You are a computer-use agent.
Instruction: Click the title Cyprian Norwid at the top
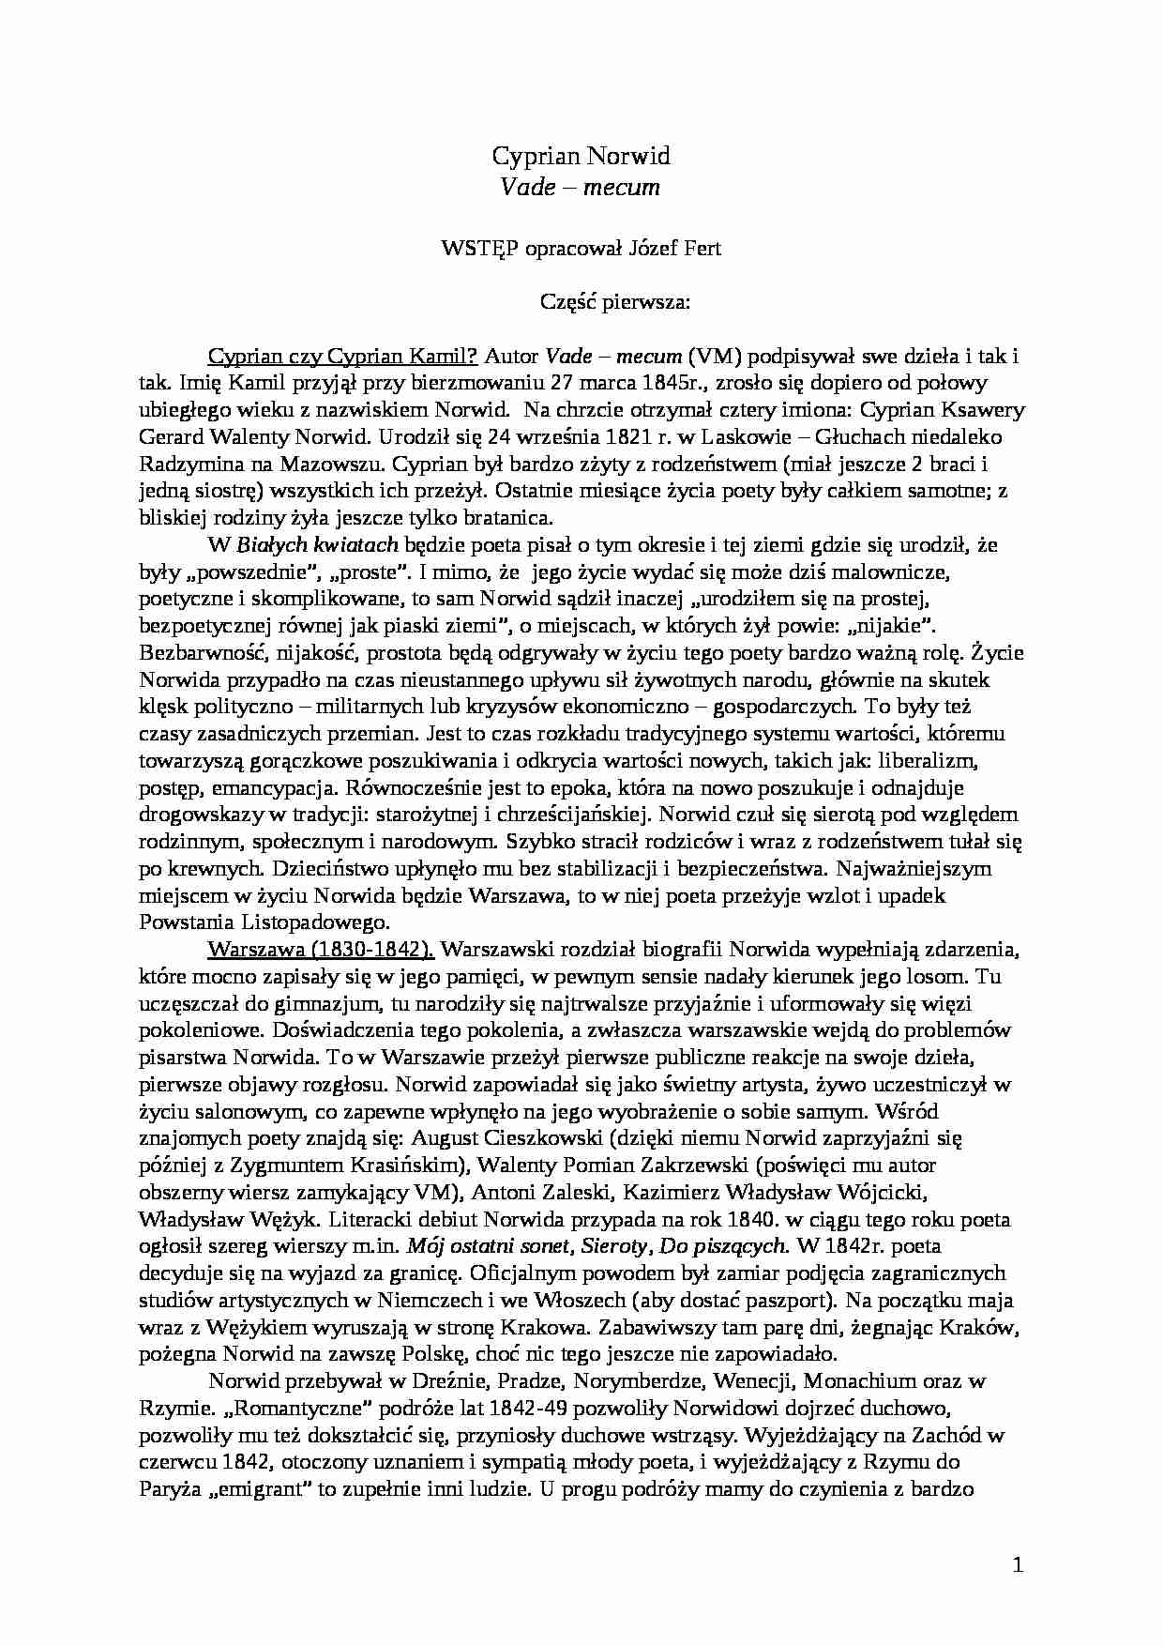(x=581, y=156)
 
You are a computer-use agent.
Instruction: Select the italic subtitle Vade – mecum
(x=581, y=188)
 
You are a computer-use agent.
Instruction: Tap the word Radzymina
(x=191, y=464)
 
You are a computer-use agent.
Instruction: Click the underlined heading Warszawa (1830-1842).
(x=321, y=949)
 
